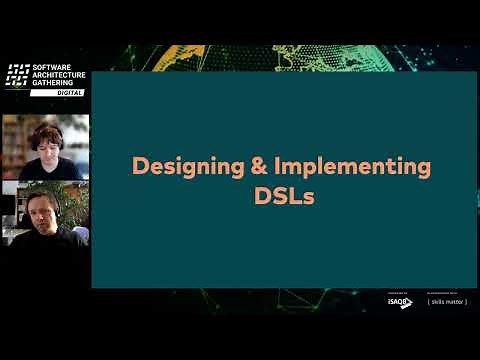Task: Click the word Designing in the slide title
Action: (x=178, y=167)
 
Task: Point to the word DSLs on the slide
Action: (x=285, y=196)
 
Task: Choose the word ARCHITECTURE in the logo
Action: (x=60, y=75)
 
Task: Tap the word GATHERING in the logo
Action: (x=54, y=83)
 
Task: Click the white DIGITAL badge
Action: (x=56, y=93)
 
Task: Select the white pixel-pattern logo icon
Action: (x=17, y=75)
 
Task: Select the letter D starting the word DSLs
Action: (x=263, y=196)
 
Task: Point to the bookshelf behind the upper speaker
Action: (x=14, y=140)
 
